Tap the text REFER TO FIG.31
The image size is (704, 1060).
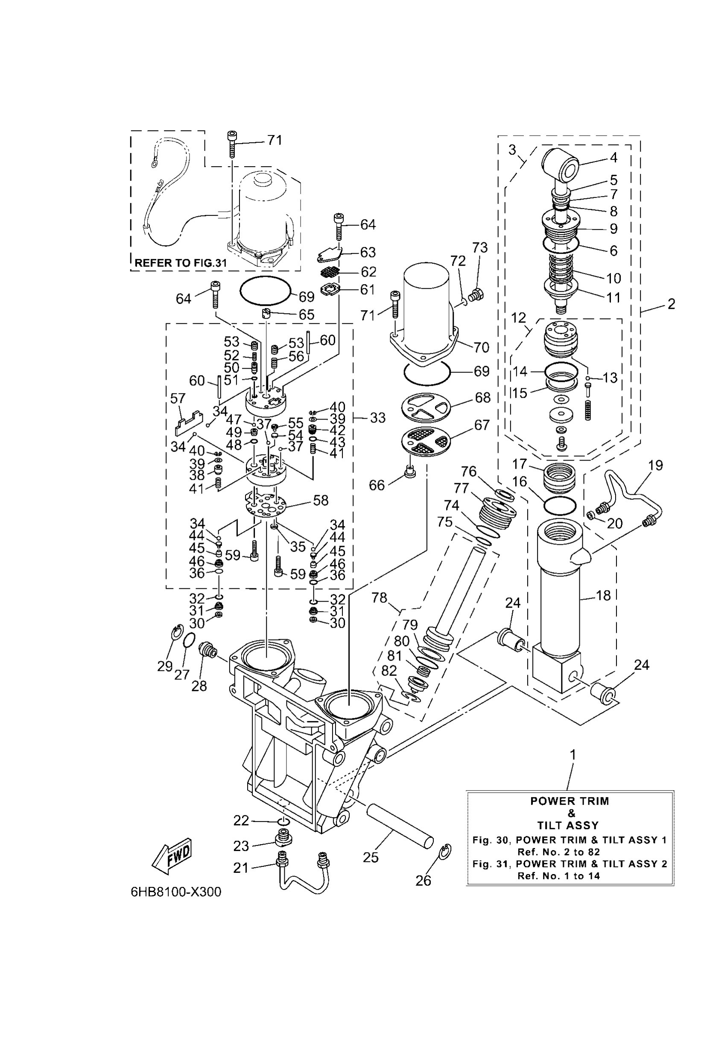coord(181,263)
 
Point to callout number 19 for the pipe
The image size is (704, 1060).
coord(655,465)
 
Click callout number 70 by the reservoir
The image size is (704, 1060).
coord(481,347)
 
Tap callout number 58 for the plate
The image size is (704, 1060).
coord(321,500)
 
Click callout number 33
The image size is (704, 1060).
coord(377,418)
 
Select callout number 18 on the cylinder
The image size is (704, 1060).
coord(603,596)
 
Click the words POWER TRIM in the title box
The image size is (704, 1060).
coord(570,801)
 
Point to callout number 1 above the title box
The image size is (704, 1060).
coord(573,755)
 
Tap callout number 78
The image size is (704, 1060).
coord(380,598)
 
